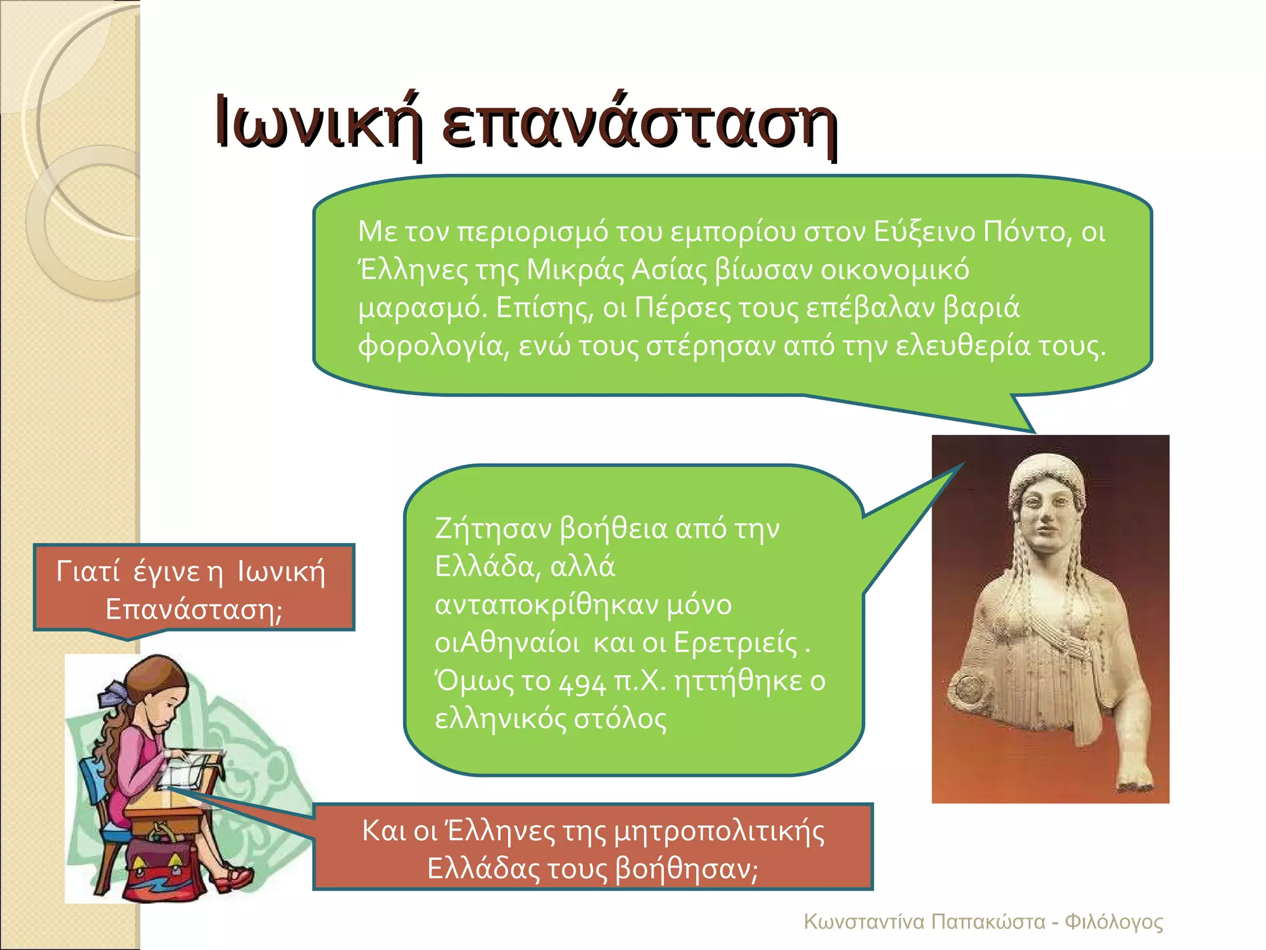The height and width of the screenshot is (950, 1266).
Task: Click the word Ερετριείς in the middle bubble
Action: [x=736, y=643]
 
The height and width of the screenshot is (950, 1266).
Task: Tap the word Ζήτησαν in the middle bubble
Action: [x=493, y=529]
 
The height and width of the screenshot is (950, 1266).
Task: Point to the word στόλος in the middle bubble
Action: [x=620, y=719]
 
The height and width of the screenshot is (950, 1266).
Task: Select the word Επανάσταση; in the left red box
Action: [x=194, y=610]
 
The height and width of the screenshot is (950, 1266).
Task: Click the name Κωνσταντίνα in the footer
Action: [x=864, y=922]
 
